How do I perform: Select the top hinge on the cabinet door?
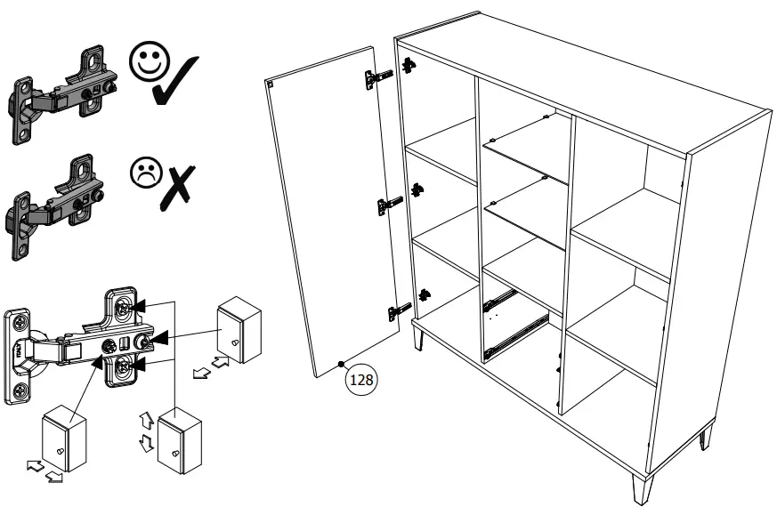pyautogui.click(x=377, y=79)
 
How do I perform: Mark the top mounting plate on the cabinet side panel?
pyautogui.click(x=409, y=66)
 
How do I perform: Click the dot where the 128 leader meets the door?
pyautogui.click(x=343, y=364)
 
